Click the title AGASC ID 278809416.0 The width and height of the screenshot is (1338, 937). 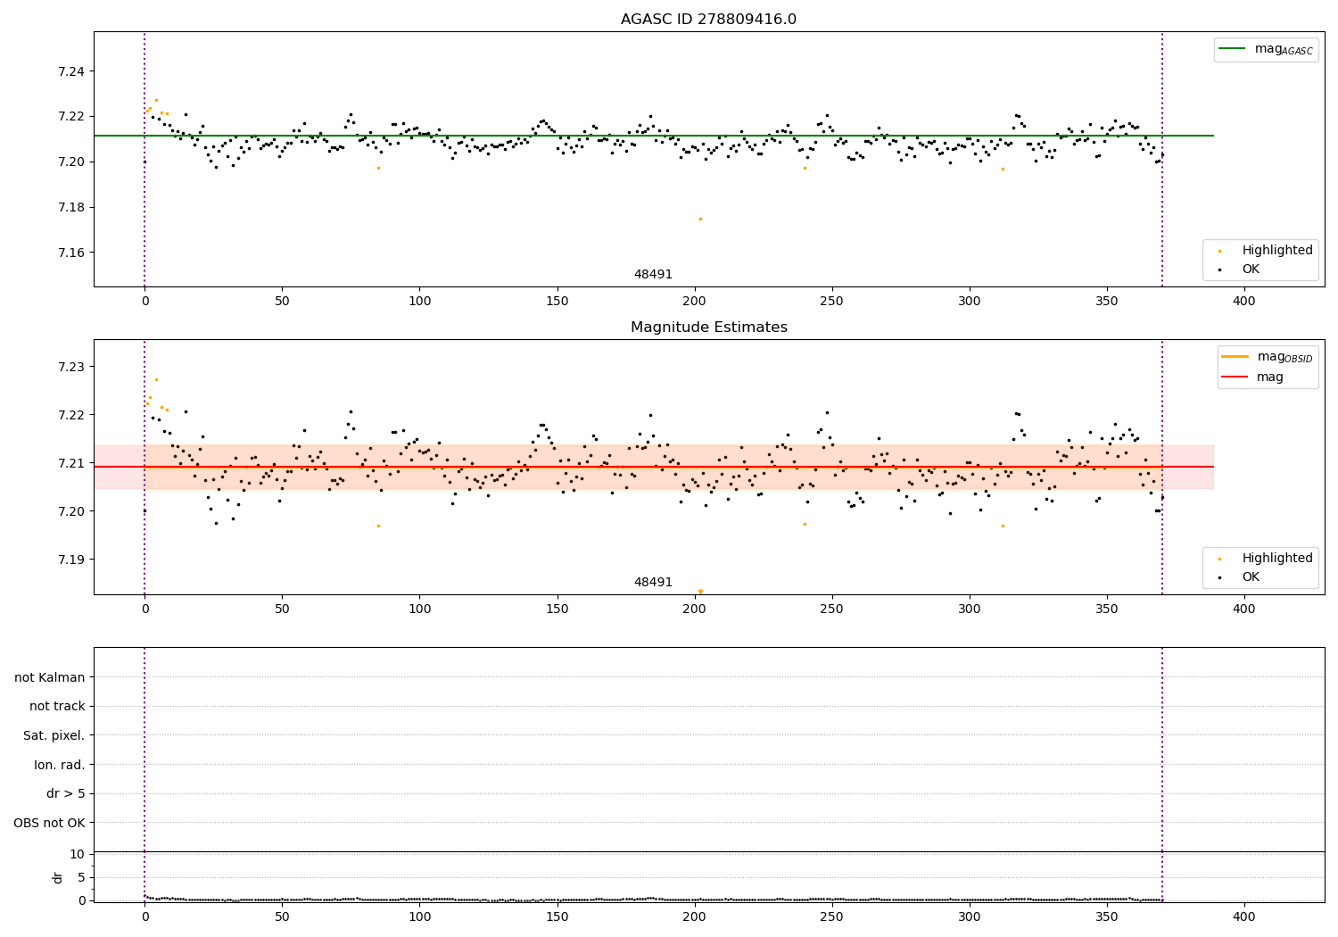(x=708, y=20)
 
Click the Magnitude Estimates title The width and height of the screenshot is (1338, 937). (x=708, y=328)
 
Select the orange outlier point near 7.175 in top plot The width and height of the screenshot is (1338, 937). (x=700, y=219)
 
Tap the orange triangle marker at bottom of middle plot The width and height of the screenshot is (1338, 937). (x=700, y=591)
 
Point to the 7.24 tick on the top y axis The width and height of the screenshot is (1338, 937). (x=70, y=71)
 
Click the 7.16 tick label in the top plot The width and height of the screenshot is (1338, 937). (x=70, y=253)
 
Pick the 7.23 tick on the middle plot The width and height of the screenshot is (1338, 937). (x=70, y=367)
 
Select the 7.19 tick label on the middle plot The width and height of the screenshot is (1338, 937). (x=70, y=560)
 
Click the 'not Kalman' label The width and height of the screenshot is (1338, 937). (x=50, y=677)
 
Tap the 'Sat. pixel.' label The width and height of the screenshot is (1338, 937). (x=54, y=735)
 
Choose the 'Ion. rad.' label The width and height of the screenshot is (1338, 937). (x=59, y=765)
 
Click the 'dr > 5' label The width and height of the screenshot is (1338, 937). (x=65, y=793)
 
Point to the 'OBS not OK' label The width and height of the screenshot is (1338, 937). (x=49, y=823)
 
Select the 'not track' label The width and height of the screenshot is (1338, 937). (x=57, y=706)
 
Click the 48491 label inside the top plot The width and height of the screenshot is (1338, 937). (x=653, y=275)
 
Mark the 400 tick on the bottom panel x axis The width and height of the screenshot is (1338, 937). (x=1243, y=916)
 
